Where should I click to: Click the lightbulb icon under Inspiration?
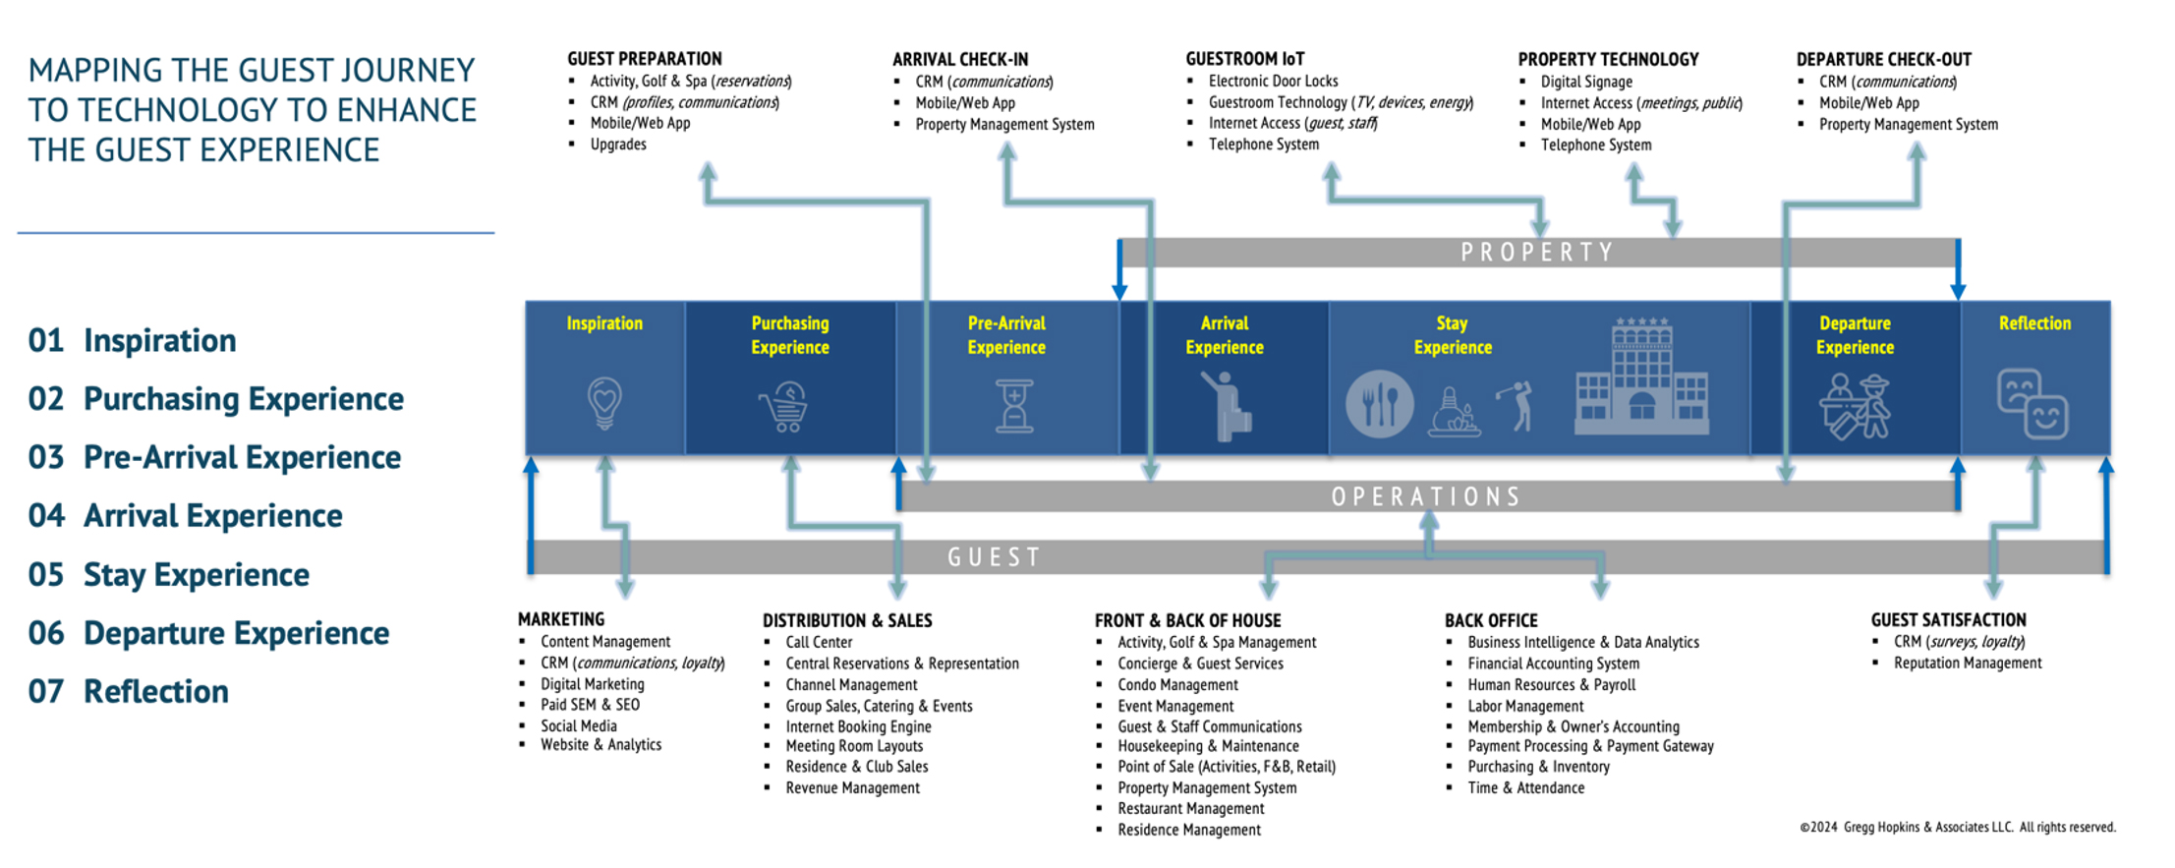click(604, 402)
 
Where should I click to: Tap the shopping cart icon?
click(784, 406)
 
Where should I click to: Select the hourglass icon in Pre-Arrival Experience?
click(1014, 406)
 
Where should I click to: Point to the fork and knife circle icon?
click(1379, 404)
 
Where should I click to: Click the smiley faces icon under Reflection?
click(2032, 403)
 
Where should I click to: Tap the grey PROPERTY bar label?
click(1537, 253)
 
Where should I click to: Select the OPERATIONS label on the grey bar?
click(1426, 496)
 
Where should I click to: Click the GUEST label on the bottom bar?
click(994, 557)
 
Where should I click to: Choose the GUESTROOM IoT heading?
click(1244, 59)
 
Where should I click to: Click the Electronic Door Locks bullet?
click(1273, 82)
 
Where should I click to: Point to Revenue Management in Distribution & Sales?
click(852, 788)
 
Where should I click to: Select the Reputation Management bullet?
click(1967, 664)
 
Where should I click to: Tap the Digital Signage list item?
click(1586, 83)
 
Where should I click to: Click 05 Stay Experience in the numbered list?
click(169, 575)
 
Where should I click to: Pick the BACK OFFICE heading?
click(1490, 621)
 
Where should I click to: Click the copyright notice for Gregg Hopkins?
click(1957, 828)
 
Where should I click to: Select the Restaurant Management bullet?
click(1190, 809)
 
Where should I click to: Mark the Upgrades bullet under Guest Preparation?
click(618, 145)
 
